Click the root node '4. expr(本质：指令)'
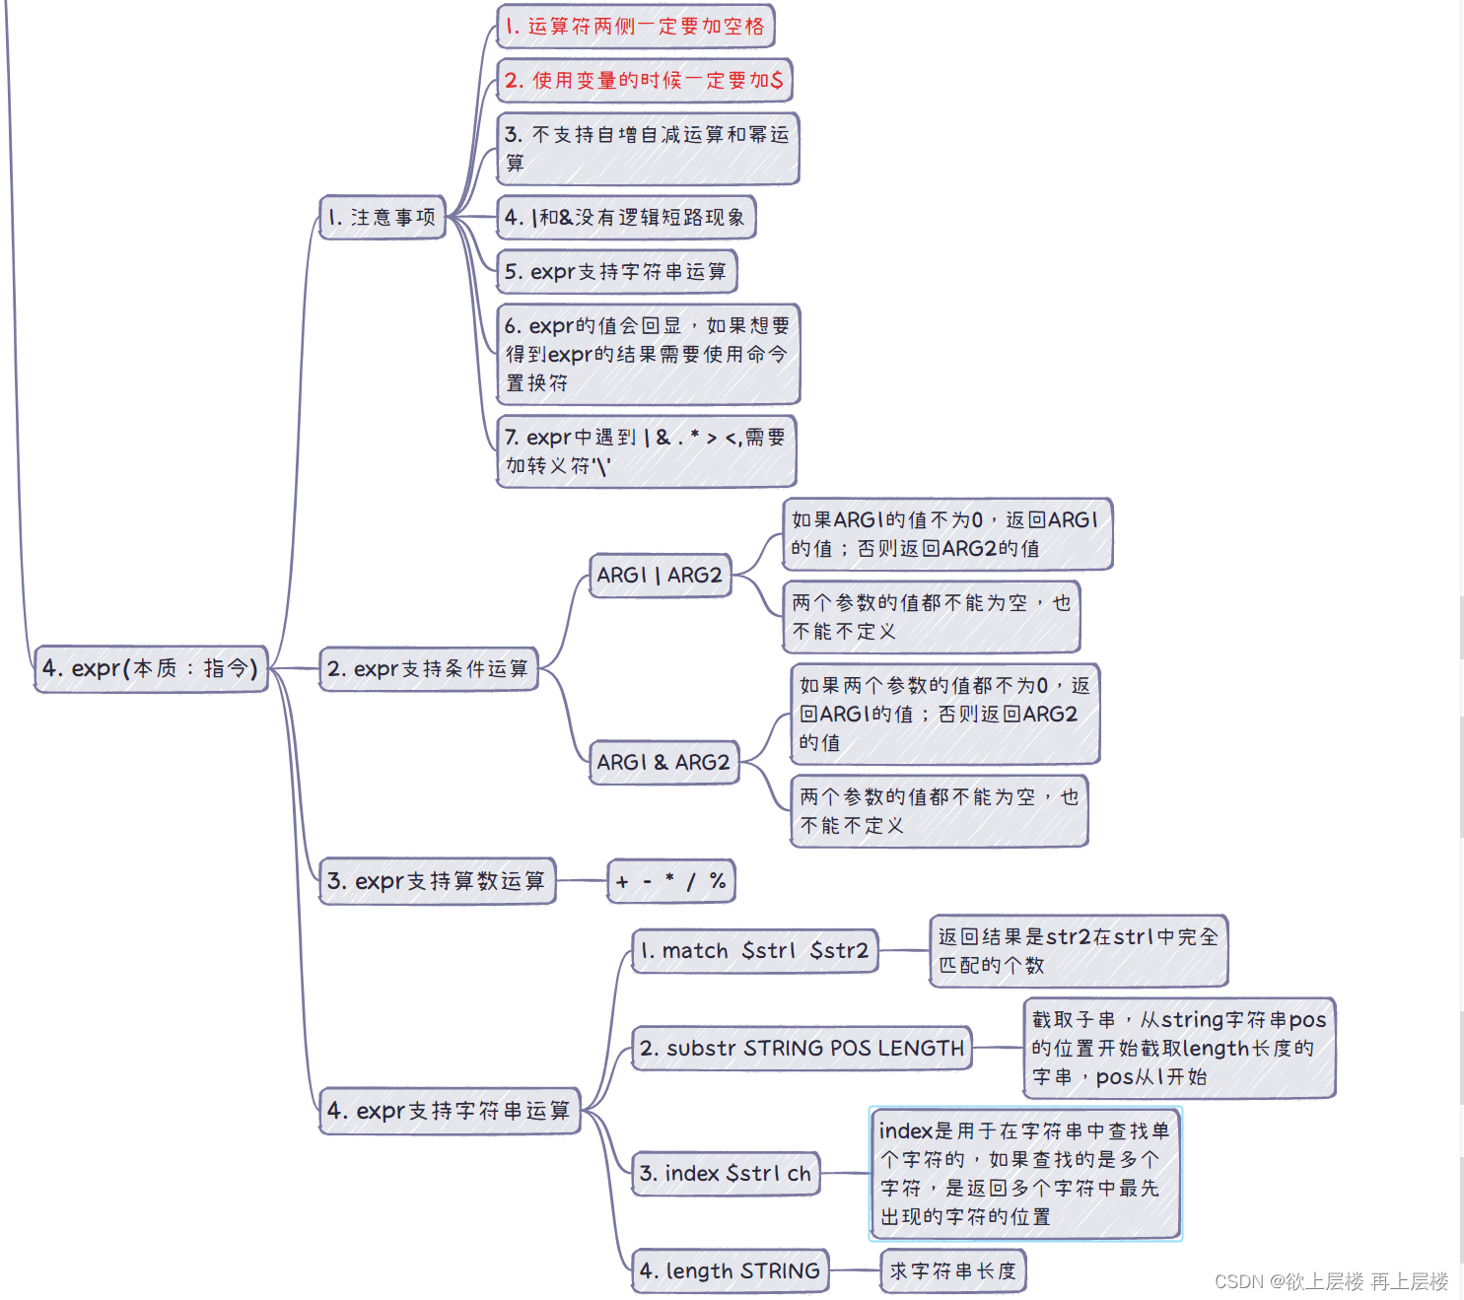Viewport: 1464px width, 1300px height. [x=151, y=669]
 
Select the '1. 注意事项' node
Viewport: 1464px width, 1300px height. [x=383, y=217]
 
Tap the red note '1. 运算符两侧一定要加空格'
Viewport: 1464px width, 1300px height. [x=635, y=27]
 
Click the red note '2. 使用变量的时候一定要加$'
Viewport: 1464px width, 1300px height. [x=644, y=81]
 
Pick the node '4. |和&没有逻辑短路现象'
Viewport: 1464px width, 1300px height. [x=625, y=218]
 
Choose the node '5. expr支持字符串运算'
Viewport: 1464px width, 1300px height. [x=616, y=272]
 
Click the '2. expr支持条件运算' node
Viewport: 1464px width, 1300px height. [x=428, y=669]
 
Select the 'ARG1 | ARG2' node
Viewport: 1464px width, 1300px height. [x=660, y=576]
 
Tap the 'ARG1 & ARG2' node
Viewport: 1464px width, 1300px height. [x=663, y=763]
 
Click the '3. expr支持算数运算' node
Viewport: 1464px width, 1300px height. [x=437, y=881]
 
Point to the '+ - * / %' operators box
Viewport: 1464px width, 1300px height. [x=671, y=881]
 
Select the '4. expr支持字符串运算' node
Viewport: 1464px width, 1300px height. [x=449, y=1111]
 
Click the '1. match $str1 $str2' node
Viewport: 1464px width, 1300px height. [x=754, y=951]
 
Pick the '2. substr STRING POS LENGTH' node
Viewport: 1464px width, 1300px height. [x=802, y=1049]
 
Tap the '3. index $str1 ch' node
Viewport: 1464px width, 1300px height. [x=726, y=1174]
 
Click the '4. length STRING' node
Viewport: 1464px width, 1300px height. [x=730, y=1271]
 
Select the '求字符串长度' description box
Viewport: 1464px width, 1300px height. [x=952, y=1271]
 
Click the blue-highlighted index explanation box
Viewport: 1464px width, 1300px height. [x=1024, y=1174]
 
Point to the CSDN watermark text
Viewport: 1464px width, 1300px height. [x=1331, y=1281]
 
